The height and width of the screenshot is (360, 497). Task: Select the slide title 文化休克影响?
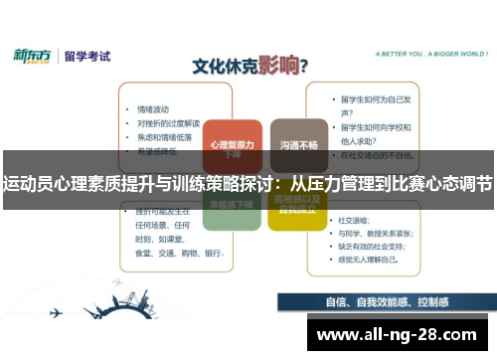[x=248, y=67]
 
